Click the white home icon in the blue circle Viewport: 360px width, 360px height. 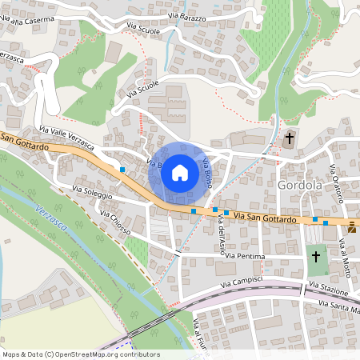(180, 172)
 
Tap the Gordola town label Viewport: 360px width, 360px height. (301, 186)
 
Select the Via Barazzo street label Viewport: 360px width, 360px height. (187, 18)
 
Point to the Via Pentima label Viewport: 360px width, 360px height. (245, 256)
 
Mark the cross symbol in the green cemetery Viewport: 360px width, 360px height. (316, 257)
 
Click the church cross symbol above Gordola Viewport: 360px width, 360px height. (289, 138)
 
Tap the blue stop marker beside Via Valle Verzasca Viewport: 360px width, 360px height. (122, 170)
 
